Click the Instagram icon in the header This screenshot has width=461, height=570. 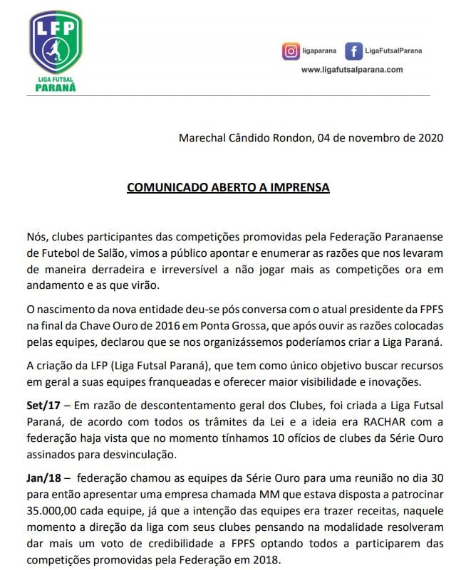click(290, 51)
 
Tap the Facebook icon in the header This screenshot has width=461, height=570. click(353, 51)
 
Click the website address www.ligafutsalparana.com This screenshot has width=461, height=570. click(352, 70)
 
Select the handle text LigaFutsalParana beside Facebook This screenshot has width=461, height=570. click(393, 51)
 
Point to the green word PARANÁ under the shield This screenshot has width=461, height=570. click(56, 88)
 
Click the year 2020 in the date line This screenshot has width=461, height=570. click(430, 138)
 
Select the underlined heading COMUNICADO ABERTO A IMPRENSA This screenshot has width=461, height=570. click(228, 188)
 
